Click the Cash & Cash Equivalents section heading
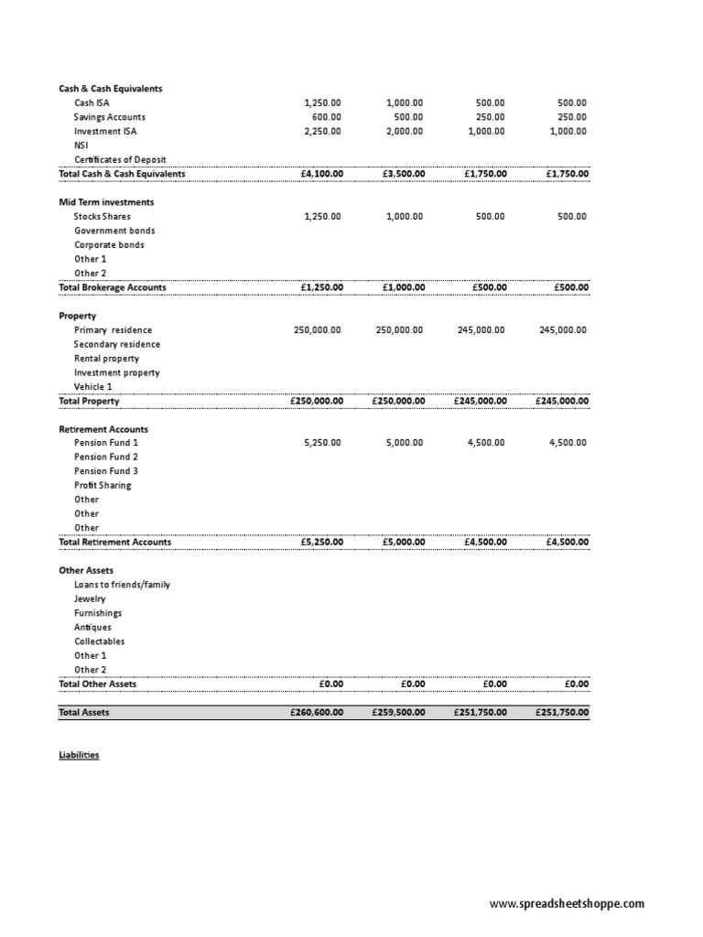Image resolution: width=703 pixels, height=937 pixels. (110, 89)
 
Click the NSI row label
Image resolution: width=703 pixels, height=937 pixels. (81, 145)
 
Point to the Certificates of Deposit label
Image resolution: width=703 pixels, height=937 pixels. (120, 159)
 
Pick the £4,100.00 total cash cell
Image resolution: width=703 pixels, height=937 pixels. (316, 174)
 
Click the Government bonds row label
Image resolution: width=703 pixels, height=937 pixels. (114, 231)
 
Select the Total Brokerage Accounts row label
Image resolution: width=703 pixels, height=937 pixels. (113, 287)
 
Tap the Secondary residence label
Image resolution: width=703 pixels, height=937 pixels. (117, 344)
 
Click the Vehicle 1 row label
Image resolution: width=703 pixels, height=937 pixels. (93, 387)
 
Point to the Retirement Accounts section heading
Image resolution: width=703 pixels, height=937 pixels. (103, 429)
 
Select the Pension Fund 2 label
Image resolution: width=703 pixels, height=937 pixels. (106, 457)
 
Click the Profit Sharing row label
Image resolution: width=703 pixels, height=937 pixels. (103, 485)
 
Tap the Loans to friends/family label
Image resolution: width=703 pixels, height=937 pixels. (122, 585)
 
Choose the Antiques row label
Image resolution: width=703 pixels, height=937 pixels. (92, 628)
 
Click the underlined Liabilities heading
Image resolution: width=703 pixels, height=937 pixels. (79, 756)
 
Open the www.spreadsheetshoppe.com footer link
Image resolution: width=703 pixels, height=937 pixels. (567, 904)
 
